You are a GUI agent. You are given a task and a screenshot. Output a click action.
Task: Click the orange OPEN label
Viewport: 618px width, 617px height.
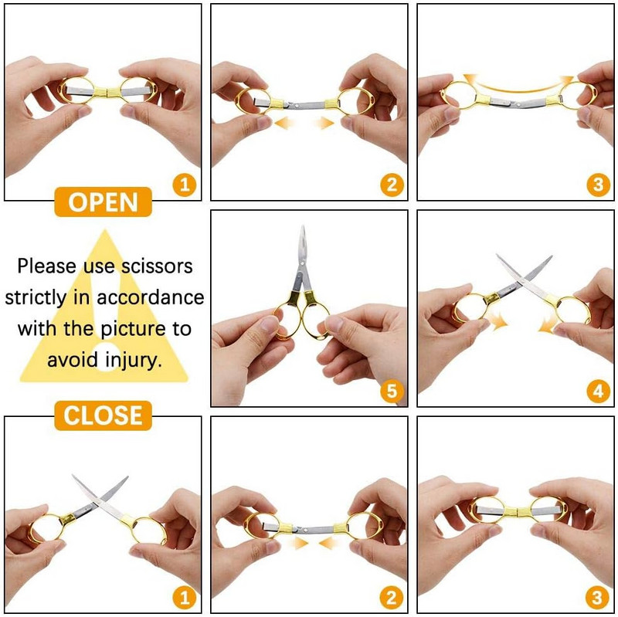tap(103, 202)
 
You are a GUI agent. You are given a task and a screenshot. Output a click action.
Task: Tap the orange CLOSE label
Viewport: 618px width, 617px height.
tap(103, 415)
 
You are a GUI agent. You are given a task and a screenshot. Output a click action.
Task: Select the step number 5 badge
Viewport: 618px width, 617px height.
tap(392, 391)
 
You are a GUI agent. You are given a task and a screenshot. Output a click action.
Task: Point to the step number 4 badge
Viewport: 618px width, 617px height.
tap(598, 391)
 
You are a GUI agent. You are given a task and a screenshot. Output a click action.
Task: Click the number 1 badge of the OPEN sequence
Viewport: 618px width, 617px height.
tap(185, 185)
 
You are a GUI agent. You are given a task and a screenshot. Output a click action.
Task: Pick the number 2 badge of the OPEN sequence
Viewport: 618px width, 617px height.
tap(392, 185)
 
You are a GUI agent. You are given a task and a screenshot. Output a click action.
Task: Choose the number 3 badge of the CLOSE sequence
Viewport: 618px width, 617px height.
tap(598, 598)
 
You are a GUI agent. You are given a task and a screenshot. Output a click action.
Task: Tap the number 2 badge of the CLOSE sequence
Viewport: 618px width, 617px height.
tap(392, 598)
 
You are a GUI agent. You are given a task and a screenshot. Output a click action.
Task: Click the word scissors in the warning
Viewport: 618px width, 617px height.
tap(157, 266)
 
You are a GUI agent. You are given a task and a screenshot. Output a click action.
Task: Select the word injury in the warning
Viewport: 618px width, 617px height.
tap(133, 360)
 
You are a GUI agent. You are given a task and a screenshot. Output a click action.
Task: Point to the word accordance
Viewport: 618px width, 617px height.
tap(151, 297)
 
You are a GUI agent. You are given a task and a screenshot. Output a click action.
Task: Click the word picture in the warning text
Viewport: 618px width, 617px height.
tap(134, 329)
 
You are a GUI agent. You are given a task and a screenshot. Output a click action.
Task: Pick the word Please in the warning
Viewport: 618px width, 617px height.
tap(46, 266)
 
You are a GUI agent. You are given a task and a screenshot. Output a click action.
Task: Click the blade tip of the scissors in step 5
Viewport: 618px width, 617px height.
tap(303, 226)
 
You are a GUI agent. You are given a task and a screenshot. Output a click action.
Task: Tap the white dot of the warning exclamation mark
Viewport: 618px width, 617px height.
tap(104, 357)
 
